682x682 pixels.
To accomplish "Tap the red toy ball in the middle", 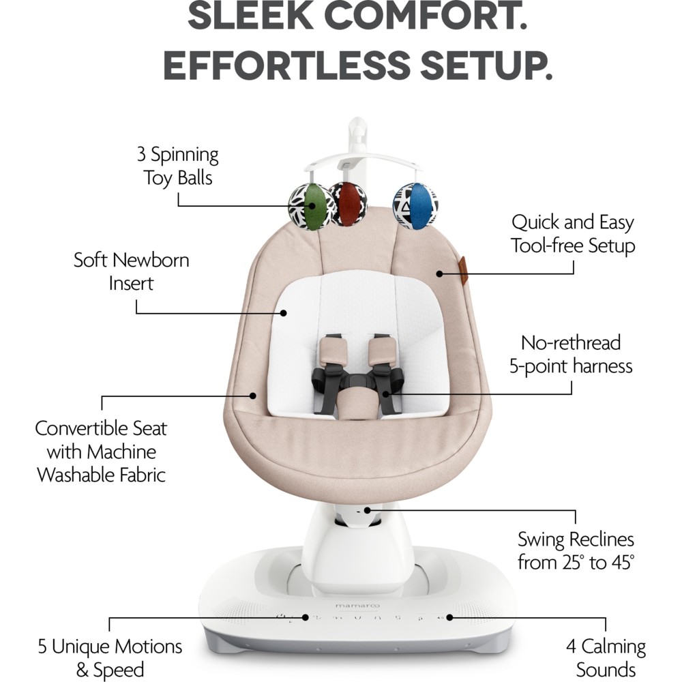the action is click(x=348, y=203).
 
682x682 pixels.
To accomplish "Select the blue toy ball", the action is click(x=415, y=205).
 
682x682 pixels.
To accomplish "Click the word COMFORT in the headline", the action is click(x=426, y=16).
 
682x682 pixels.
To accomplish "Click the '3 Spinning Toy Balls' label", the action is click(x=177, y=166).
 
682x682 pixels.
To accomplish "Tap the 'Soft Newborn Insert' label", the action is click(x=132, y=272).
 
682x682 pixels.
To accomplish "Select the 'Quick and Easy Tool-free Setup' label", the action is click(x=573, y=234).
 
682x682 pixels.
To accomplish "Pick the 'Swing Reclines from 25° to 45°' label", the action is click(x=576, y=550).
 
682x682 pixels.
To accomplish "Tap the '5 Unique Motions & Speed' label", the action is click(x=110, y=658).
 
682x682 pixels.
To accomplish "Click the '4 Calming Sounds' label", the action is click(x=606, y=658).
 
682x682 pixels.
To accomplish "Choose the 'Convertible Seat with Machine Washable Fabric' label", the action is click(x=101, y=451).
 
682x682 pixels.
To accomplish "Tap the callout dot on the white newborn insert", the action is click(x=284, y=313).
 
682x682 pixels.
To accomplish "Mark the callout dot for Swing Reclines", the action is click(x=368, y=510).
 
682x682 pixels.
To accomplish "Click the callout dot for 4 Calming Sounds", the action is click(x=449, y=617).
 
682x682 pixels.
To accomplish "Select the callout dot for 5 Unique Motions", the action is click(x=306, y=617).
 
